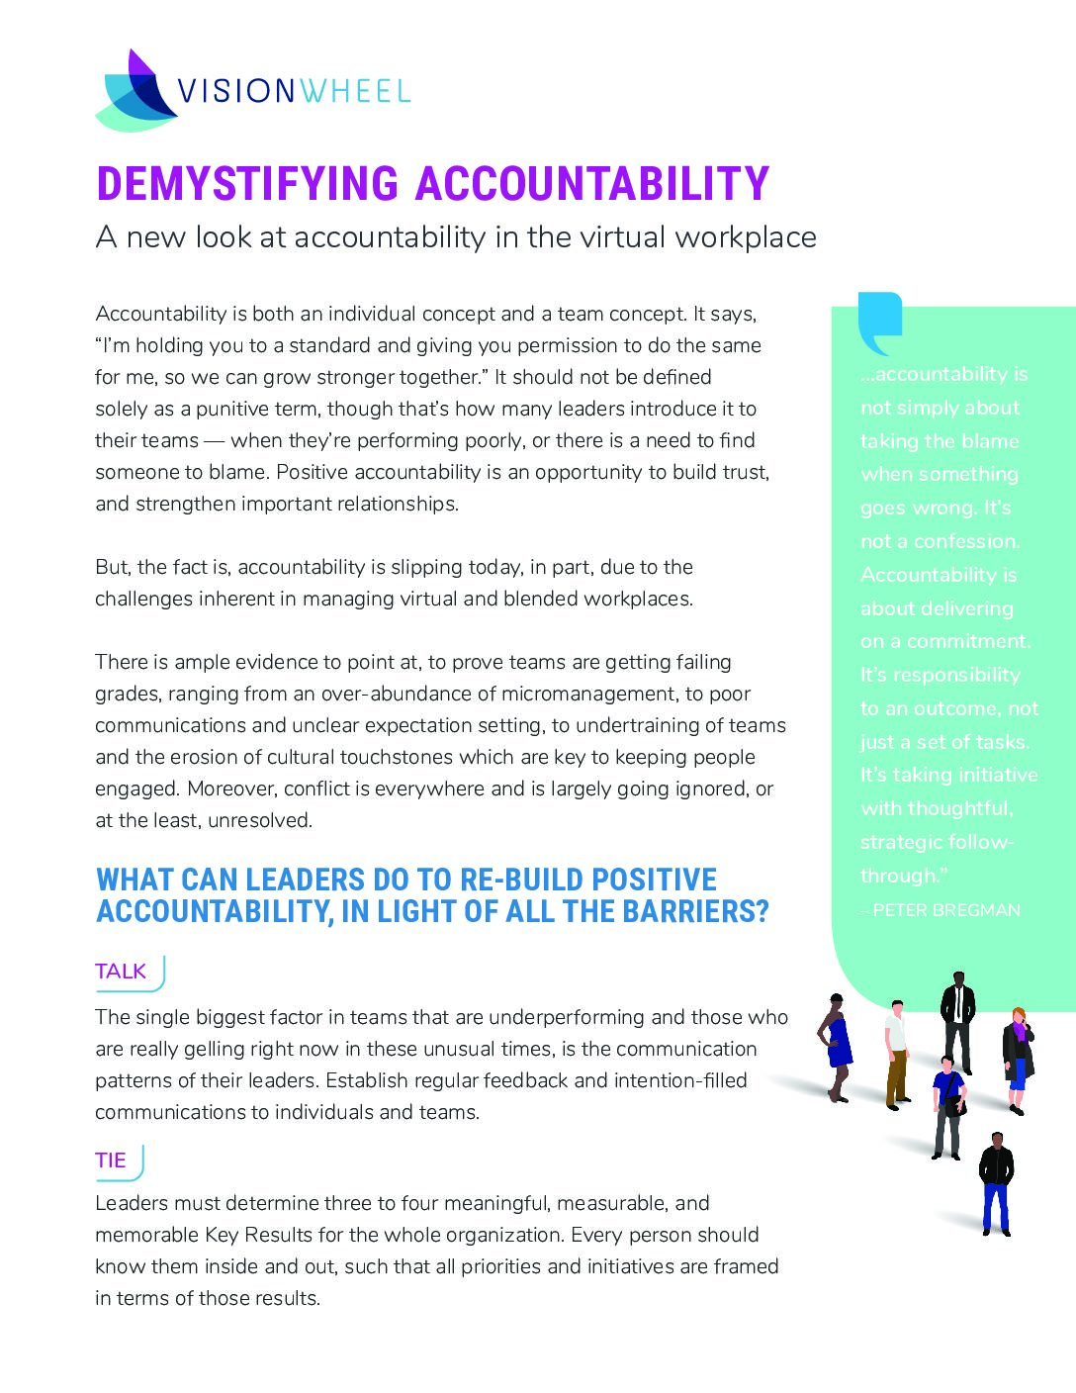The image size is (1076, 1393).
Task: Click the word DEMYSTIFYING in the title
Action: [x=247, y=184]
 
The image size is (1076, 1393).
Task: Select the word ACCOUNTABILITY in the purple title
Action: [x=591, y=184]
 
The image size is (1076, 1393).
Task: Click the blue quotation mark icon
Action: [x=879, y=323]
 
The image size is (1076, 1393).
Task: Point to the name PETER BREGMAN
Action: [x=945, y=910]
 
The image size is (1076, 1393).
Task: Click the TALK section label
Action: [x=121, y=972]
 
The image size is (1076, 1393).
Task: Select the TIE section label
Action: [x=111, y=1161]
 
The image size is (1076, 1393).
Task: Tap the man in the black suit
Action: [x=957, y=1021]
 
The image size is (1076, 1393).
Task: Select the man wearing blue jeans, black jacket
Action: [x=996, y=1183]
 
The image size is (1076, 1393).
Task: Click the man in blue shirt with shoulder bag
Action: [x=947, y=1108]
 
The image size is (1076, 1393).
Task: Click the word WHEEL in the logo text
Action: [x=354, y=92]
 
